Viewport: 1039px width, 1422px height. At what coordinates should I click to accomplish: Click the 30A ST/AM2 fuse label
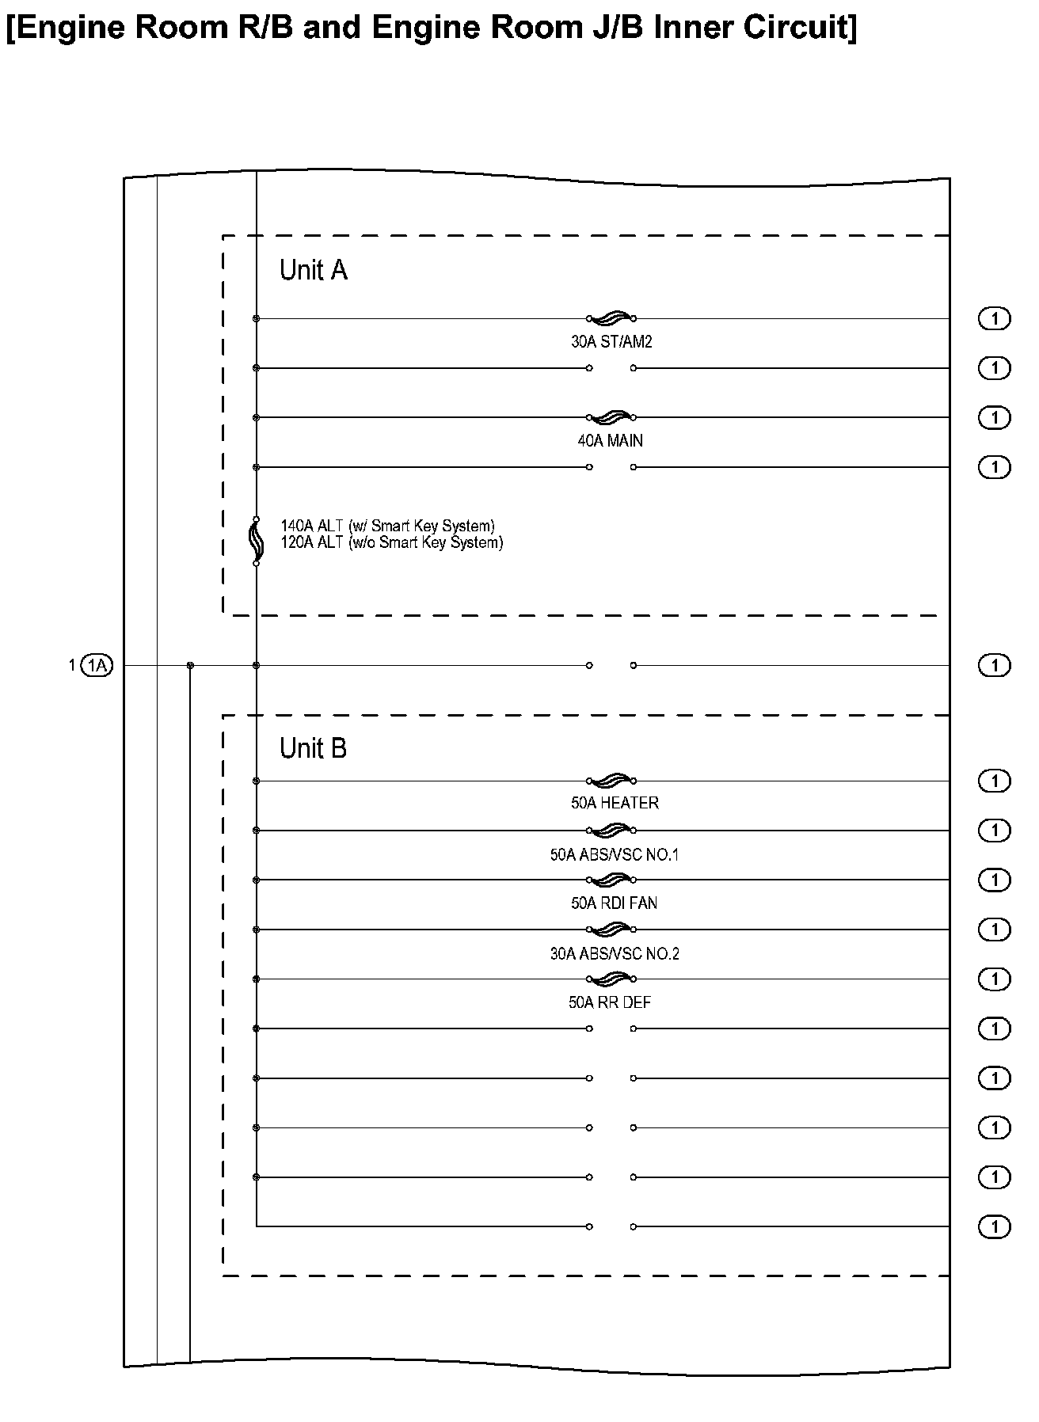click(611, 342)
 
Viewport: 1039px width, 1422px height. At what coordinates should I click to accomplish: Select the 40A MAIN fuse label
click(610, 441)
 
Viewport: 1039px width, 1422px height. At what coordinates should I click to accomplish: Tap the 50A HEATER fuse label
click(615, 803)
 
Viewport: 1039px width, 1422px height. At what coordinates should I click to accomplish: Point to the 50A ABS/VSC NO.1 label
click(615, 855)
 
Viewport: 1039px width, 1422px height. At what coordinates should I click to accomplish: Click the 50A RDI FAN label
click(614, 903)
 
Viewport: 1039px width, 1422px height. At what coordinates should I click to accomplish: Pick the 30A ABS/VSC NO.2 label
click(615, 954)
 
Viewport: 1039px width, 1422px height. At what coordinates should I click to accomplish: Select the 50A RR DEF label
click(609, 1002)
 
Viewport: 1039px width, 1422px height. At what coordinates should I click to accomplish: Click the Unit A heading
click(313, 271)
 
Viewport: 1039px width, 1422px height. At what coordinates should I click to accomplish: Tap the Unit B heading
click(313, 748)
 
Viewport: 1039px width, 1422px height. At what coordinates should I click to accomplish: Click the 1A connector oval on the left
click(97, 666)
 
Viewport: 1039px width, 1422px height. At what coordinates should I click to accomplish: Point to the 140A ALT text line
click(387, 526)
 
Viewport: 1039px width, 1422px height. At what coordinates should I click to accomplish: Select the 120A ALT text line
click(391, 543)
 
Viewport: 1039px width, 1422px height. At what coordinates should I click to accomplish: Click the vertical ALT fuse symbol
click(256, 542)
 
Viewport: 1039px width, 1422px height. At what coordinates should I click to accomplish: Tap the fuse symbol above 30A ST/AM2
click(611, 318)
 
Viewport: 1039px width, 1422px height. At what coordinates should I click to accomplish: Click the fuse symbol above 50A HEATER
click(611, 781)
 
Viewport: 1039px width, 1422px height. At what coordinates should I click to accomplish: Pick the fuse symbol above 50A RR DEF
click(611, 979)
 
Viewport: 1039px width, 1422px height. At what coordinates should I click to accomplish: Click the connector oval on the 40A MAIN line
click(995, 417)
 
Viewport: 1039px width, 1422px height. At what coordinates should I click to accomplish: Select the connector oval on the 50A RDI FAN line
click(995, 880)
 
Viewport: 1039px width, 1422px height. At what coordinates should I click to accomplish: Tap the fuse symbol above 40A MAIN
click(611, 417)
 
